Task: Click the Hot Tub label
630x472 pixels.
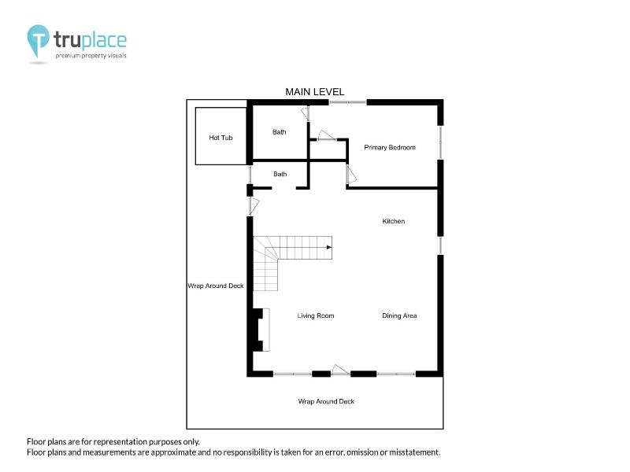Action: [220, 138]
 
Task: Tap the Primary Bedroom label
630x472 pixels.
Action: [390, 147]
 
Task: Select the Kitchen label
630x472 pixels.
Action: [393, 221]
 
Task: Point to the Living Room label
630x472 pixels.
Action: [316, 316]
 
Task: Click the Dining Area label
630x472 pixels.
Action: [399, 316]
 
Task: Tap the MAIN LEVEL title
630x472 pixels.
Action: [314, 92]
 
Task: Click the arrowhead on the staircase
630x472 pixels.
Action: [329, 247]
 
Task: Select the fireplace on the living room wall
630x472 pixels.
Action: [261, 330]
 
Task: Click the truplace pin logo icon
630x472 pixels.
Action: [38, 40]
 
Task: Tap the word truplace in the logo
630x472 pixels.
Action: [90, 40]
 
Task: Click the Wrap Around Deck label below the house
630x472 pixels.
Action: [326, 401]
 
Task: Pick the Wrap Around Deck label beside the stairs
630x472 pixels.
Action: [216, 286]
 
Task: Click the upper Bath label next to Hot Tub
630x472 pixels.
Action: [280, 132]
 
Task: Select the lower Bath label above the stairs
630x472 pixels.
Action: [280, 174]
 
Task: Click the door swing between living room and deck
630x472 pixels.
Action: [340, 370]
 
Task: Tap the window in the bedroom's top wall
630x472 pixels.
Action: [347, 102]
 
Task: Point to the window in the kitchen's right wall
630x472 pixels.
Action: [440, 245]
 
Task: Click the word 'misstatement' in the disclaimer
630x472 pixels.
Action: [414, 452]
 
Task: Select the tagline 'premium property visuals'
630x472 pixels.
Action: [91, 56]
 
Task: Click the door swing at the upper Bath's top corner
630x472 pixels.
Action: [306, 113]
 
